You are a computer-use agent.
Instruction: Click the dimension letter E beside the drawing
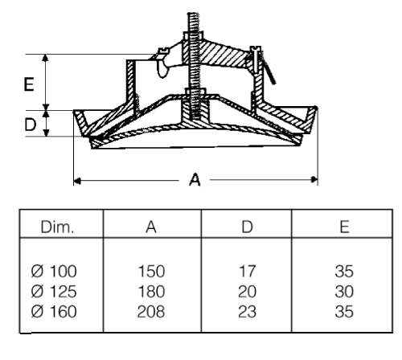tap(29, 84)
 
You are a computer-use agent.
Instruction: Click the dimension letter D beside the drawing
tap(31, 125)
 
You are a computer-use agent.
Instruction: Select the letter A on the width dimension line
tap(195, 179)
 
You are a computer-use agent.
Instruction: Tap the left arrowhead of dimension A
tap(77, 181)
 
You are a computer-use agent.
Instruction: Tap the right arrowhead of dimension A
tap(314, 179)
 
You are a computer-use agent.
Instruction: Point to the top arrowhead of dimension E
tap(46, 58)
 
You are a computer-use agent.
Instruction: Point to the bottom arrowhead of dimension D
tap(47, 133)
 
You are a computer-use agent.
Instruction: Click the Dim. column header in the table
tap(57, 227)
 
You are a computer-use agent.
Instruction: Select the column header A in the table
tap(151, 227)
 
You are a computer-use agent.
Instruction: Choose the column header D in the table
tap(247, 227)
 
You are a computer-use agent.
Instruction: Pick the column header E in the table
tap(344, 227)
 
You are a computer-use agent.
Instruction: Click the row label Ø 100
tap(54, 271)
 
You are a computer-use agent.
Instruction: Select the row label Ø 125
tap(54, 292)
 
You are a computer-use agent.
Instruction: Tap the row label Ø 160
tap(54, 312)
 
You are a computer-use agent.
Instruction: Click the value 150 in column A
tap(151, 271)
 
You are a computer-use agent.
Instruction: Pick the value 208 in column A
tap(151, 312)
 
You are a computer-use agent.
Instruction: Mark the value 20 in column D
tap(247, 292)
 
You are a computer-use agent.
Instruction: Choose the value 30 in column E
tap(344, 292)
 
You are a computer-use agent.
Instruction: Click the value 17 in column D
tap(248, 271)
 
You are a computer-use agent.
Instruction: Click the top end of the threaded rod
tap(193, 13)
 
